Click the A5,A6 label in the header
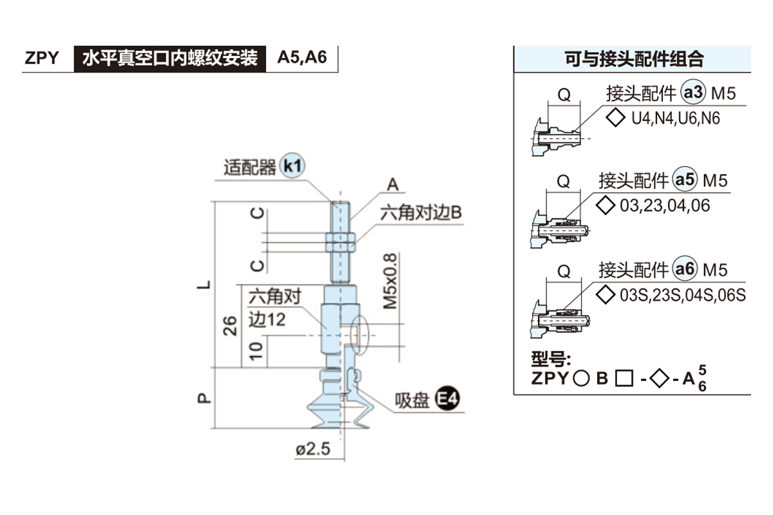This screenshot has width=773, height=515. [302, 58]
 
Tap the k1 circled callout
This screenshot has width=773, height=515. [292, 167]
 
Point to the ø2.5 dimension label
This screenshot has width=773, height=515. [313, 449]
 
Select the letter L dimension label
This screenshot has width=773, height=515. [204, 283]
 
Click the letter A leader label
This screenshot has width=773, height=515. [393, 185]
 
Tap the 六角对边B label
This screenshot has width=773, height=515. [421, 213]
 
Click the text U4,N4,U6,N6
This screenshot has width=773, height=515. [675, 119]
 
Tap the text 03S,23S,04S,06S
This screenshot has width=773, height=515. [682, 295]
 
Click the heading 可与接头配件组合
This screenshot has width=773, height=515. [634, 59]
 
